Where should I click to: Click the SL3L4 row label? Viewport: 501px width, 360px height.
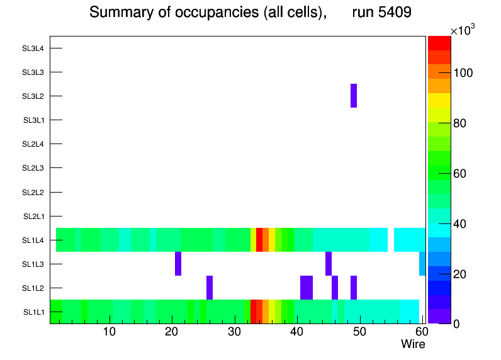[33, 48]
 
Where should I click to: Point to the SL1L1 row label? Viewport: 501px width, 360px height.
[33, 312]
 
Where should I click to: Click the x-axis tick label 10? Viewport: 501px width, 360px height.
[110, 332]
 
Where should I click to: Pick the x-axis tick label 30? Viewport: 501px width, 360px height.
[234, 332]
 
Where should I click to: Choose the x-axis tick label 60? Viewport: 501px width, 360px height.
[420, 332]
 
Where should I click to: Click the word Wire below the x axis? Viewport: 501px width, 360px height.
[413, 344]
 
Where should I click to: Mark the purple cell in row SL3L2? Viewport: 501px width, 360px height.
[354, 96]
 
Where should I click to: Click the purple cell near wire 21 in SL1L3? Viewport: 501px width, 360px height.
[178, 264]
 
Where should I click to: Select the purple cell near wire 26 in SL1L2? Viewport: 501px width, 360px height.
[210, 288]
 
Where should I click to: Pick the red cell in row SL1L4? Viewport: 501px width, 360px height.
[259, 240]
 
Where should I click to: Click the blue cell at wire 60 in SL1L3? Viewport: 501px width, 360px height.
[422, 264]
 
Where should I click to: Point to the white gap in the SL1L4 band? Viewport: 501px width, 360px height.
[391, 240]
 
